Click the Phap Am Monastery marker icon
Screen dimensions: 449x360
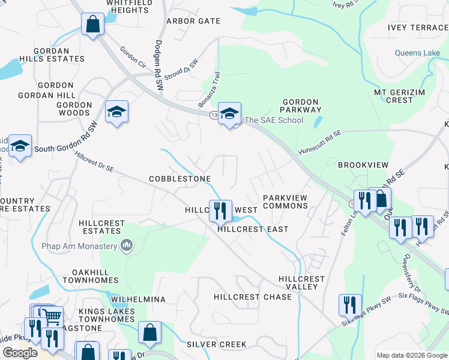[126, 245]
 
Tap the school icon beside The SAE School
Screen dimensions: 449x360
[229, 113]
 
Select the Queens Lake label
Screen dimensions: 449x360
[417, 53]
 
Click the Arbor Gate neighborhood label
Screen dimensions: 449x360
[193, 21]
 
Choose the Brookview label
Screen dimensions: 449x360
[363, 164]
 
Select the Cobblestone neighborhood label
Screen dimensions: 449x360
[179, 179]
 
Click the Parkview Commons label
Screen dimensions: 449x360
[285, 202]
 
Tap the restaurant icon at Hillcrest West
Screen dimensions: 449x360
[220, 210]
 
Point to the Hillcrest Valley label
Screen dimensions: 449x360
[301, 283]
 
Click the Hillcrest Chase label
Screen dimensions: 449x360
[253, 297]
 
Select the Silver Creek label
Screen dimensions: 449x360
[216, 344]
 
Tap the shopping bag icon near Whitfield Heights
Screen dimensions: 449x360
[92, 25]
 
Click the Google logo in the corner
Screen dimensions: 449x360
[20, 353]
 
